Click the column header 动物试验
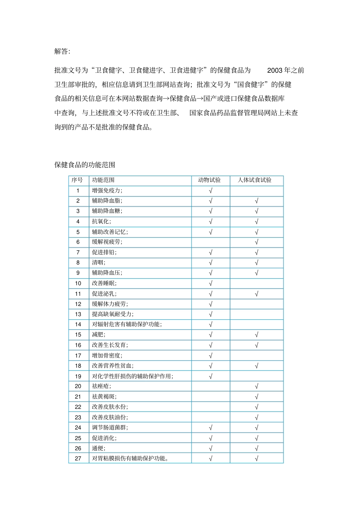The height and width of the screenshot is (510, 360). click(209, 180)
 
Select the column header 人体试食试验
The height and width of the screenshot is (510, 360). click(255, 180)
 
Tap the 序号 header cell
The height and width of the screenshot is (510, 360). click(77, 180)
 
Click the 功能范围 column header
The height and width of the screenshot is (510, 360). click(103, 180)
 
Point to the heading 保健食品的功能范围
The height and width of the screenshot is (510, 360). click(85, 165)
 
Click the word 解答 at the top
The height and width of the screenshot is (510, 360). click(62, 51)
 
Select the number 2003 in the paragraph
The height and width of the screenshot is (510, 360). click(274, 70)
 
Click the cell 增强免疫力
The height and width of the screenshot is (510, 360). click(107, 191)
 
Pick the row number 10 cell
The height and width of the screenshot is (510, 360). click(78, 283)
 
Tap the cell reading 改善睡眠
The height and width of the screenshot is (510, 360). click(104, 283)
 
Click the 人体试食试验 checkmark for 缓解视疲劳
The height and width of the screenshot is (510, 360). click(257, 242)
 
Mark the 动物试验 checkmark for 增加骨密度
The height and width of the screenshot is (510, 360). click(211, 356)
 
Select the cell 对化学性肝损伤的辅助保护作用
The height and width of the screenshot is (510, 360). click(133, 376)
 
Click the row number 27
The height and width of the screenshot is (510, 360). click(78, 458)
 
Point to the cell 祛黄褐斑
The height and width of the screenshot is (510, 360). click(104, 397)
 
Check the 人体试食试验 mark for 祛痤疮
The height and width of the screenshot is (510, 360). click(257, 386)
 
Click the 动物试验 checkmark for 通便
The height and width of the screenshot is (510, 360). click(211, 448)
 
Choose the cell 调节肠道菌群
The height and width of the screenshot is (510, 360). click(110, 428)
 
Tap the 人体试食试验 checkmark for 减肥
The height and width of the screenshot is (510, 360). click(257, 335)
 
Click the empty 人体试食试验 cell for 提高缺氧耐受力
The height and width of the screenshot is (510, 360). click(257, 314)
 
